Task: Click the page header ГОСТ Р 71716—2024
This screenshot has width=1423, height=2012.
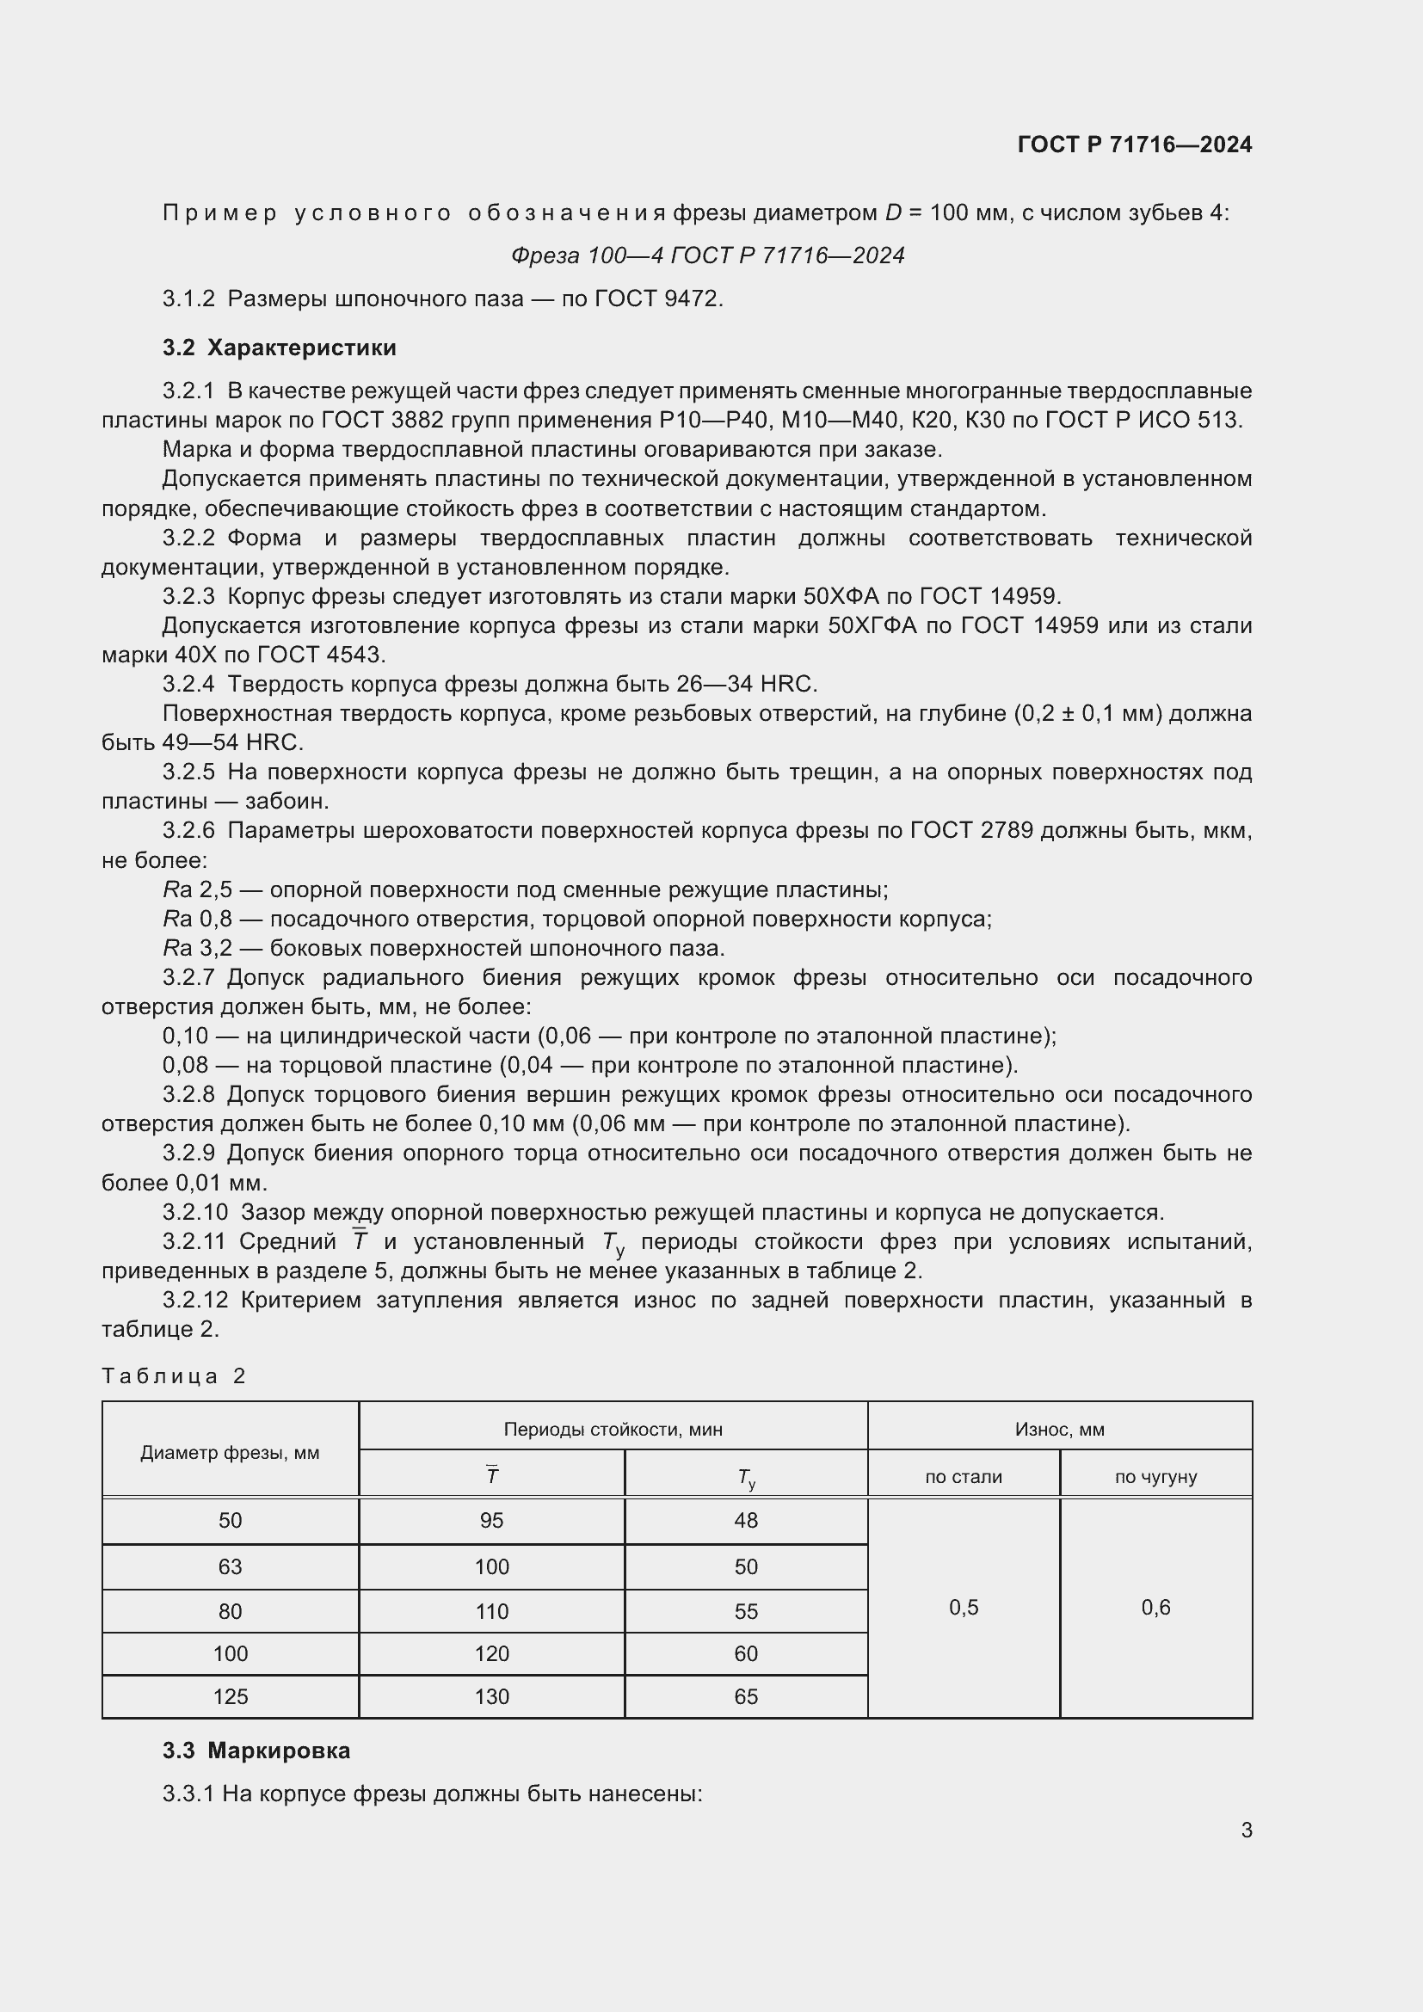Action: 1134,145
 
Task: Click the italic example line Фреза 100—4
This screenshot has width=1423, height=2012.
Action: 707,255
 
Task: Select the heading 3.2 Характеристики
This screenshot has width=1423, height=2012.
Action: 279,348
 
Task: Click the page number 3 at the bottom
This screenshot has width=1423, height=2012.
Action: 1246,1830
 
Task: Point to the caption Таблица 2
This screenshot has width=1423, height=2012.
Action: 174,1375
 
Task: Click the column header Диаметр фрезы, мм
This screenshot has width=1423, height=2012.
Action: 230,1452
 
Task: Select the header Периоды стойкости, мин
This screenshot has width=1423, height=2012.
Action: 613,1430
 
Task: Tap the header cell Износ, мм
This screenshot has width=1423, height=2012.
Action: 1058,1430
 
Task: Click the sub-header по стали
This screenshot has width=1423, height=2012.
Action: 963,1477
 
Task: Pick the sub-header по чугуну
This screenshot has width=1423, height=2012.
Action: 1155,1477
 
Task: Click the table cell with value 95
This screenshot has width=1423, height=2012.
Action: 491,1520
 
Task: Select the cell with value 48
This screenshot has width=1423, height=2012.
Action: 746,1520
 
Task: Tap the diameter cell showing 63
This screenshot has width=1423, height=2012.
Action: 230,1566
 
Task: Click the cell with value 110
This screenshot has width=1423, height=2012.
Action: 491,1611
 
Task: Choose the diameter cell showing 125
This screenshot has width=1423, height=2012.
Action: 230,1696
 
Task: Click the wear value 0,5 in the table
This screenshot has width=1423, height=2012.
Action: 963,1607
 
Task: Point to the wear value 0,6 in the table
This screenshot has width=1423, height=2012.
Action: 1155,1607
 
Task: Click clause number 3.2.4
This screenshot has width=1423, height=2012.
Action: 188,684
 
